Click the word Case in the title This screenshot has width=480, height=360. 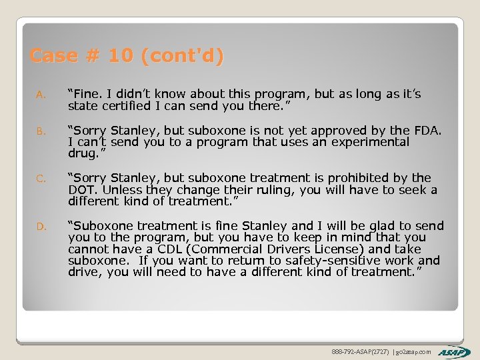coord(53,56)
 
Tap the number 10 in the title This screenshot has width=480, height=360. coord(120,56)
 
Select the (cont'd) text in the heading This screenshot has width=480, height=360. coord(181,56)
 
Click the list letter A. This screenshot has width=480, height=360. coord(41,95)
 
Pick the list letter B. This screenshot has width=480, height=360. coord(41,131)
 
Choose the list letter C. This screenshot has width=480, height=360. coord(41,179)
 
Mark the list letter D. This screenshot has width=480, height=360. coord(41,227)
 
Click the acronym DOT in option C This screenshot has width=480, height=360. coord(83,190)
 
